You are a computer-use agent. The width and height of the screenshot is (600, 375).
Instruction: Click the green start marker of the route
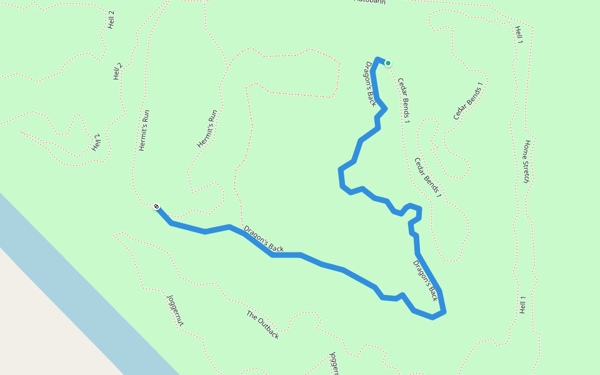point(388,63)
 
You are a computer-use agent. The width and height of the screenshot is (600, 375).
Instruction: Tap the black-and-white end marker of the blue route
point(156,207)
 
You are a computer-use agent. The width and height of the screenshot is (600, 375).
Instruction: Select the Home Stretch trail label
point(527,161)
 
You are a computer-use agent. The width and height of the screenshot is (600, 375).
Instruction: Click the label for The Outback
point(262,324)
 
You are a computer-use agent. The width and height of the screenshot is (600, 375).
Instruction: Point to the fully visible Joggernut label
point(175,310)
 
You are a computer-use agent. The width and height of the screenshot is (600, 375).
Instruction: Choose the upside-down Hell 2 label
point(96,142)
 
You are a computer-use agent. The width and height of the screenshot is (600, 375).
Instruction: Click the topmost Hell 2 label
point(111,20)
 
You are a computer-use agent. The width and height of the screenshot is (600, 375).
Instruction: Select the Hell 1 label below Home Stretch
point(522,304)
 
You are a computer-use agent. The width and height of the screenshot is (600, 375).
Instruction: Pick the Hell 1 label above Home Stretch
point(519,35)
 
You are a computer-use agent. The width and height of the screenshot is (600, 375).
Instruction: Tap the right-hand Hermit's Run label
point(207,129)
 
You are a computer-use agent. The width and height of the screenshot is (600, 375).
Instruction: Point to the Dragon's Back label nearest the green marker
point(371,83)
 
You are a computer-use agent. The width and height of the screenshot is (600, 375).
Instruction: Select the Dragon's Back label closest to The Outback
point(263,239)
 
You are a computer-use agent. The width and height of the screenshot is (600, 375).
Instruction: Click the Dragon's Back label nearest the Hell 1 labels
point(426,280)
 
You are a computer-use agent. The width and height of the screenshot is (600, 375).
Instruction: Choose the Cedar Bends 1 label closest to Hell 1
point(468,101)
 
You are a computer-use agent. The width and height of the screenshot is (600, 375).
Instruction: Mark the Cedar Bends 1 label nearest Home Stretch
point(427,177)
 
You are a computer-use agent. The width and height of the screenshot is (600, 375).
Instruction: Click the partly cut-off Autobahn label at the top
point(370,2)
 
